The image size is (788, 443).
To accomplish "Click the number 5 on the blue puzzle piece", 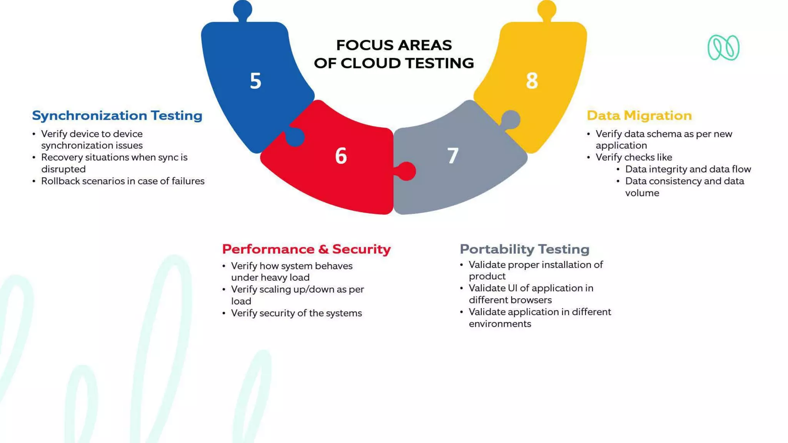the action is (255, 81).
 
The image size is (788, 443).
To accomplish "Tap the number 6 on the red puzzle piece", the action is (341, 156).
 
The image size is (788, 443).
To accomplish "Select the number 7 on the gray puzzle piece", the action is (453, 156).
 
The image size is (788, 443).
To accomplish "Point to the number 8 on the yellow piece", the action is (532, 81).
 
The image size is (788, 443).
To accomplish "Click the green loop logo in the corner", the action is (723, 48).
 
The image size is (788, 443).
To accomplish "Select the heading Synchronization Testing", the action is (117, 115).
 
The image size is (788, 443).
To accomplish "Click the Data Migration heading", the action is (639, 115).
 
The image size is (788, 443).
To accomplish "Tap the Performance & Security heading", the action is (306, 249).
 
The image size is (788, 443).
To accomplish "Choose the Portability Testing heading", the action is (524, 249).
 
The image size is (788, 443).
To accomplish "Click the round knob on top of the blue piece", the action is (242, 9).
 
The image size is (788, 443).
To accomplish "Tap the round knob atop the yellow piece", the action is (547, 9).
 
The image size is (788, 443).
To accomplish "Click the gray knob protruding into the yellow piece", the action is (511, 120).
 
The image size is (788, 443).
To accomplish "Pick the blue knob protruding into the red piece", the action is (295, 137).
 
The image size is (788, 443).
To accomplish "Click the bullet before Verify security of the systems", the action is (224, 313).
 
